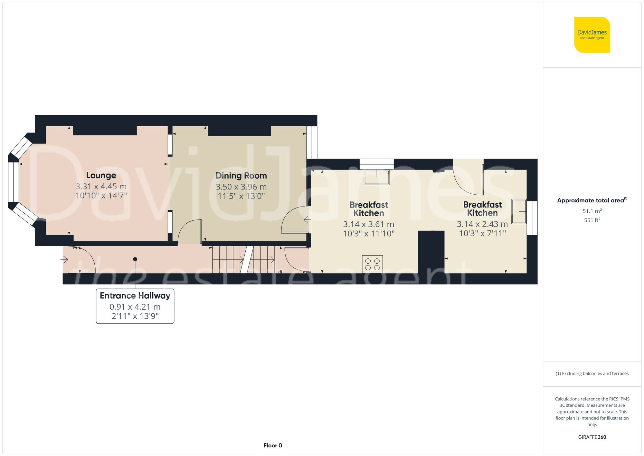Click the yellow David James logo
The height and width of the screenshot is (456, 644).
592,35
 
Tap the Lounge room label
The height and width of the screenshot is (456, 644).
101,175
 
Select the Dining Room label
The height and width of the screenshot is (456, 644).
241,176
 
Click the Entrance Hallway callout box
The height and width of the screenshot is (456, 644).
135,306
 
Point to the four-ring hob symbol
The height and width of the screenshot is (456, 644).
372,264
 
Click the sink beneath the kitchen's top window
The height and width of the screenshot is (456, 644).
376,177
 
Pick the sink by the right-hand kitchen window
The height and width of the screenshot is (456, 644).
519,211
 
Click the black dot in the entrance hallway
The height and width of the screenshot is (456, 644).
135,259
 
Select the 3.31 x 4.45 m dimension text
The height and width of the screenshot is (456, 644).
101,186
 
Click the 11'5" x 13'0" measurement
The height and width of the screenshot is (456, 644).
241,196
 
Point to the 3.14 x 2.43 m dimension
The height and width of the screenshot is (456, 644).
482,224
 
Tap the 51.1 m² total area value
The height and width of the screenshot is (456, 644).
592,211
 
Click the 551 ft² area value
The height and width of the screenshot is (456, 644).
592,220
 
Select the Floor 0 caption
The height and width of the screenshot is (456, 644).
272,445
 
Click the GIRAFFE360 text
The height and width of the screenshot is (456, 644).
592,437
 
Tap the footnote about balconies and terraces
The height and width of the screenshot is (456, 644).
592,374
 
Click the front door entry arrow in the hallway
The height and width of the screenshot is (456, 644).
64,259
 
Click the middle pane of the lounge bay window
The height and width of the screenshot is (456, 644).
13,182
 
